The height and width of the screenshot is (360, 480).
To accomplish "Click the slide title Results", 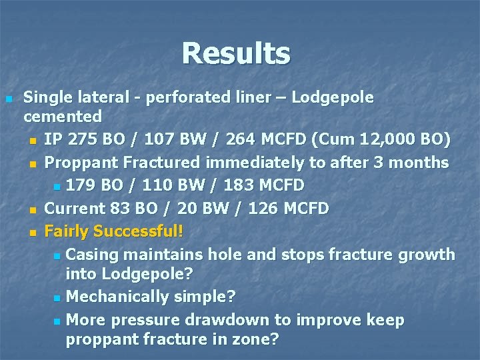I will tap(236, 53).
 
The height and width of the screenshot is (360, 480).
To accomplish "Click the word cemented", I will tap(63, 117).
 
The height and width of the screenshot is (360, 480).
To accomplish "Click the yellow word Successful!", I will tap(138, 231).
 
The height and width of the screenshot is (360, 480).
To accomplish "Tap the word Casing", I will tap(91, 254).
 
